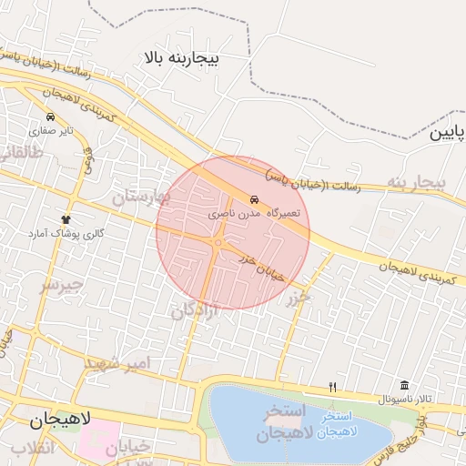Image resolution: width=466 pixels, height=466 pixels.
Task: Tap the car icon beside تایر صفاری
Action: point(49,117)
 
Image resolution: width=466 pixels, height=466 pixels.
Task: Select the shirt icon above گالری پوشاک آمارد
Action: point(66,219)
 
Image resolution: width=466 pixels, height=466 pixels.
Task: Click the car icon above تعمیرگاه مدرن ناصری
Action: point(254,198)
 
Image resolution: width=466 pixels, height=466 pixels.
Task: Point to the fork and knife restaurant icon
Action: point(332,386)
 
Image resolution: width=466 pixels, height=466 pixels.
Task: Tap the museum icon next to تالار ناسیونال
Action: point(404,385)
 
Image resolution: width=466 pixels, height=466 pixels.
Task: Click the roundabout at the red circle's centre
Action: point(218,243)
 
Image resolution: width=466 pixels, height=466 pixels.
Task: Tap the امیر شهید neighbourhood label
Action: point(124,364)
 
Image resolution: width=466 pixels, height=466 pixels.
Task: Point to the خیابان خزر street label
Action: point(262,268)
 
